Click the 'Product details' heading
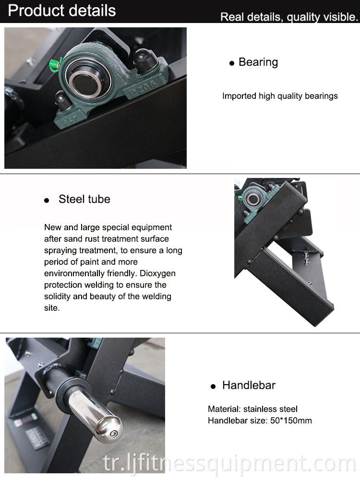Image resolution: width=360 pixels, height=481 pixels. pos(62,11)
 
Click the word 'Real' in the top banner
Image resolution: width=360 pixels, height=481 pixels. pos(232,17)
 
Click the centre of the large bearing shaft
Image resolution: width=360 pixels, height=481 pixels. pos(84,83)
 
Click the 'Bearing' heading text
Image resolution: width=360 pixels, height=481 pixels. pos(258,62)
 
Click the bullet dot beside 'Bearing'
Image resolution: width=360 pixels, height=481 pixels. pos(232,63)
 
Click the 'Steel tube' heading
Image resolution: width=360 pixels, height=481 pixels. pos(84,199)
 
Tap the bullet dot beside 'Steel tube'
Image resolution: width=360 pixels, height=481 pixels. pos(47,200)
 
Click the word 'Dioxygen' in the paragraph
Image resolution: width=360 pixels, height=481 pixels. pos(157,273)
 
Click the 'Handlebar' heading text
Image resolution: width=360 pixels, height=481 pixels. pos(249,385)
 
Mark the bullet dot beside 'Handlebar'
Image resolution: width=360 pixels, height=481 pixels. pos(213,387)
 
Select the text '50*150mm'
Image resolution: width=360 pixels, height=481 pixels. pos(291,421)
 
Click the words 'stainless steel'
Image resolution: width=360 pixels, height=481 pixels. pos(270,409)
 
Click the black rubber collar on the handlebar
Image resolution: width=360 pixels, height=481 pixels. pos(67,389)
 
